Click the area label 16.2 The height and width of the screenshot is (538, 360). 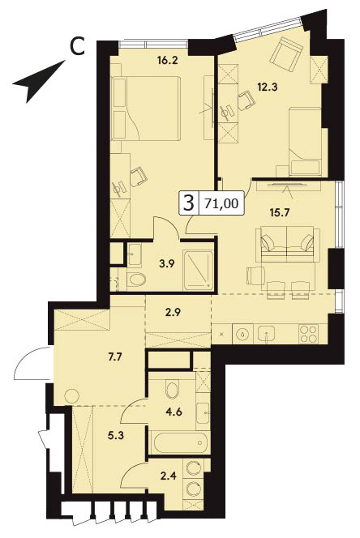(x=167, y=61)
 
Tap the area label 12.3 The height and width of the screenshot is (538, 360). (x=268, y=87)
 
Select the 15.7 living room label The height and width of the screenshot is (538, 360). (x=280, y=212)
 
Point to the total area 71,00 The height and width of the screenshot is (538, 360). (x=221, y=203)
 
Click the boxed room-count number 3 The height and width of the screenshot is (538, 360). (x=189, y=203)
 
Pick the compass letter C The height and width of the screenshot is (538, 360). (x=77, y=46)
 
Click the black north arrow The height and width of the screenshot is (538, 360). (x=39, y=81)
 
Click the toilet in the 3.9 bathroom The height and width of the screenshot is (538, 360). (x=137, y=280)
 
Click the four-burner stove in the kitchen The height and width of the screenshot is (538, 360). (x=308, y=334)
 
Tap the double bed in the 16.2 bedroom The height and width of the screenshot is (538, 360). (x=146, y=108)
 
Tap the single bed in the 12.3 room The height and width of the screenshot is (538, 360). (x=305, y=142)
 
